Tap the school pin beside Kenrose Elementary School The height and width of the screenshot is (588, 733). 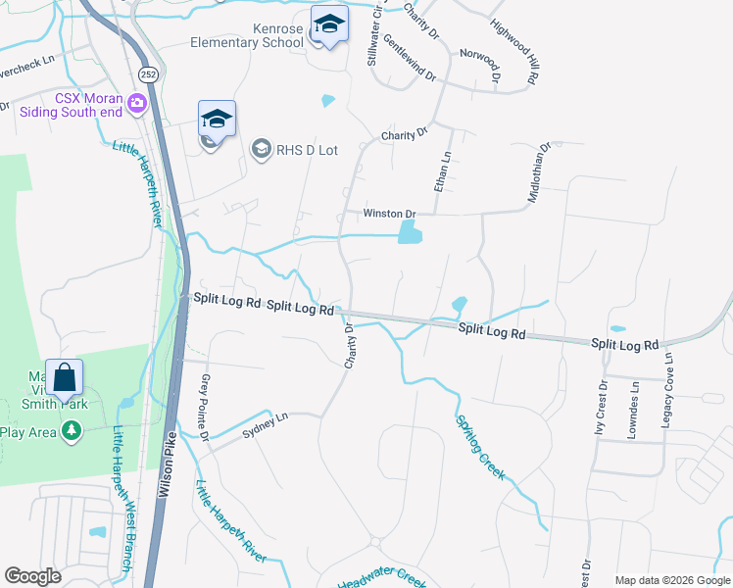[x=329, y=24]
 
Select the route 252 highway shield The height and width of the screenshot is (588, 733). [x=147, y=74]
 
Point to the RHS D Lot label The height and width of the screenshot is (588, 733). [x=308, y=150]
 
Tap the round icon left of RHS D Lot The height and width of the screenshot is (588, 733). [x=261, y=149]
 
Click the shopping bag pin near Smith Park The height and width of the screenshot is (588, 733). [x=64, y=377]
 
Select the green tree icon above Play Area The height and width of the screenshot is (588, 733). [x=71, y=430]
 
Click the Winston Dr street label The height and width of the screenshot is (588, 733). [x=390, y=214]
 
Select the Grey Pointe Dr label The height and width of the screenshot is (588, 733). [x=206, y=406]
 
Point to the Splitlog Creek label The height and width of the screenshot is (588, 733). [x=480, y=446]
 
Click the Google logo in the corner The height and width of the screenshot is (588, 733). [x=33, y=576]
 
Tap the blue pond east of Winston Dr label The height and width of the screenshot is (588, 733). [x=410, y=232]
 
